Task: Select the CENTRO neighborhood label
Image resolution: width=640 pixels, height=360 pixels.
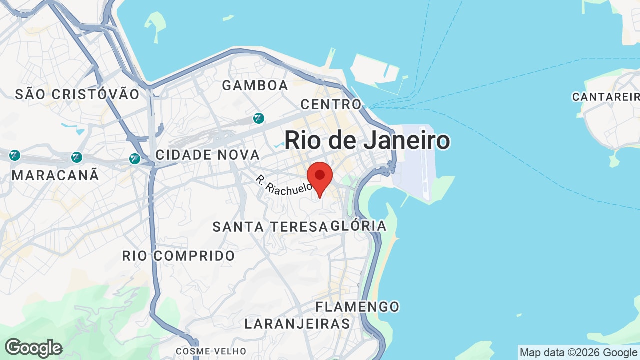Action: tap(331, 104)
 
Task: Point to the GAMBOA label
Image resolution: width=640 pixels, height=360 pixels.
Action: tap(255, 85)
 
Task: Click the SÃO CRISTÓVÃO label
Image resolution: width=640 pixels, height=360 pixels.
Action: tap(77, 94)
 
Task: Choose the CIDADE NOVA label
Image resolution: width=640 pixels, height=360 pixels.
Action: tap(208, 155)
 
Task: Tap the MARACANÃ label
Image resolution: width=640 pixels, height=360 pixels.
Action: tap(55, 175)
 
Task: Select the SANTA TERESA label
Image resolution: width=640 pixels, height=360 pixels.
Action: tap(270, 227)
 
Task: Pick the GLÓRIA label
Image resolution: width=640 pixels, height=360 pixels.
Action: tap(359, 226)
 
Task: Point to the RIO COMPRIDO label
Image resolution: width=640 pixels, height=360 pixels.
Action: tap(178, 256)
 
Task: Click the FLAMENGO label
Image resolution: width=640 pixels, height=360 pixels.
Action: tap(358, 306)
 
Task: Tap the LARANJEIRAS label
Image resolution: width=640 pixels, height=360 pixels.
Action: tap(297, 324)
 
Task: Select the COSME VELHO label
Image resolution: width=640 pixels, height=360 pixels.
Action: tap(211, 351)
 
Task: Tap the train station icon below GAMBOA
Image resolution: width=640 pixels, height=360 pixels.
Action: tap(258, 118)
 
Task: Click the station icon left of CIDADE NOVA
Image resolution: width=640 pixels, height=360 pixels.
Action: tap(135, 159)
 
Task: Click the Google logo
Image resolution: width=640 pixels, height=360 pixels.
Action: tap(33, 348)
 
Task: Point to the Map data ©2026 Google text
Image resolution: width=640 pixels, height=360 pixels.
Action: tap(579, 352)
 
